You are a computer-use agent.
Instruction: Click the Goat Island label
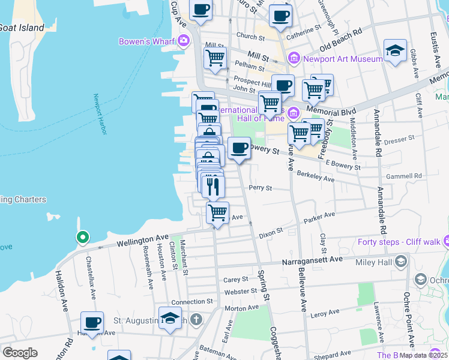(x=22, y=28)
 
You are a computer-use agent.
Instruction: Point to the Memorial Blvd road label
(x=331, y=112)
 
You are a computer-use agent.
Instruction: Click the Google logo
(x=20, y=353)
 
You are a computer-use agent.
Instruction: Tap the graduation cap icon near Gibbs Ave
(x=396, y=50)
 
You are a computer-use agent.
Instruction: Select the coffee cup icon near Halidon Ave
(x=92, y=322)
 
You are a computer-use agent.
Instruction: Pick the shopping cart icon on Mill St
(x=215, y=58)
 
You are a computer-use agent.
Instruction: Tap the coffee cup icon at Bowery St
(x=239, y=147)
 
